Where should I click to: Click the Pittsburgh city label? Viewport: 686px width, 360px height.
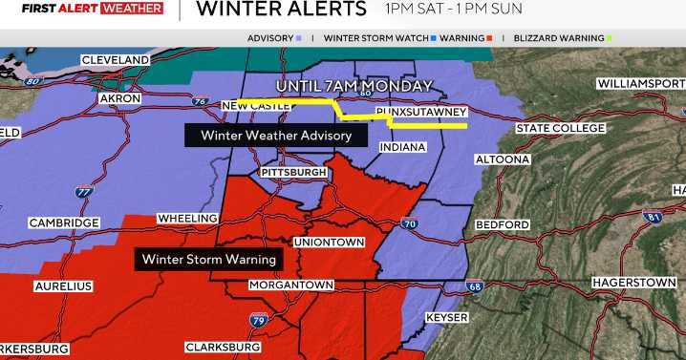click(293, 172)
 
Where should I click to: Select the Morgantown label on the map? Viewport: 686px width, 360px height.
click(290, 286)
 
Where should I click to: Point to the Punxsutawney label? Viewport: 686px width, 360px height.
click(420, 113)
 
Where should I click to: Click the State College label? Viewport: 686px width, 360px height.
click(559, 128)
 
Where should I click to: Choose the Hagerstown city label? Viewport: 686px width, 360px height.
click(634, 284)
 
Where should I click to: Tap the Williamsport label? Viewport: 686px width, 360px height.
click(640, 84)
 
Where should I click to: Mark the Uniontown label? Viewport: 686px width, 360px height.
click(329, 243)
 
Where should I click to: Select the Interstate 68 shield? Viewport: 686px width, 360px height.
click(475, 286)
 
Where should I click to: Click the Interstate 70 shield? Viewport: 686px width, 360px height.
click(409, 223)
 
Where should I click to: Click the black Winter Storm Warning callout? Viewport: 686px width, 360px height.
click(209, 259)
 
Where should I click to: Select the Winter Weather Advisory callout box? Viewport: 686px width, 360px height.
click(276, 136)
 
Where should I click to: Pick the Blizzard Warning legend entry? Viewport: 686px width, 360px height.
click(559, 38)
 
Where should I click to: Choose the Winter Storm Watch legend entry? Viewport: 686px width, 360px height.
click(376, 38)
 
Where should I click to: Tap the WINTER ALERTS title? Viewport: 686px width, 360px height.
click(280, 11)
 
